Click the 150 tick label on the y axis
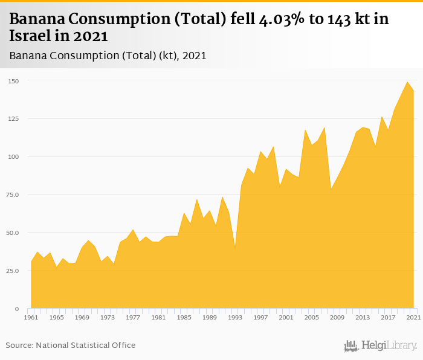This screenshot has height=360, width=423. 13,80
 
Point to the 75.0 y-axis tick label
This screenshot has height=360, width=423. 13,194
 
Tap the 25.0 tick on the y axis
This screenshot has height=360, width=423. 13,271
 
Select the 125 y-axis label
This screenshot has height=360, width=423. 13,118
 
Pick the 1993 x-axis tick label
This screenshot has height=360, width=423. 235,317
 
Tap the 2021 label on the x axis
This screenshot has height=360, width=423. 414,317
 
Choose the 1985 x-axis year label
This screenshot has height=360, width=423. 184,317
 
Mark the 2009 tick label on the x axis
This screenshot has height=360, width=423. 337,317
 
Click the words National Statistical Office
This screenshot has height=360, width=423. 85,345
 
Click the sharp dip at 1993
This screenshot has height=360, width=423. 235,248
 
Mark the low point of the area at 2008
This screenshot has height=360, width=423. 331,189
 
